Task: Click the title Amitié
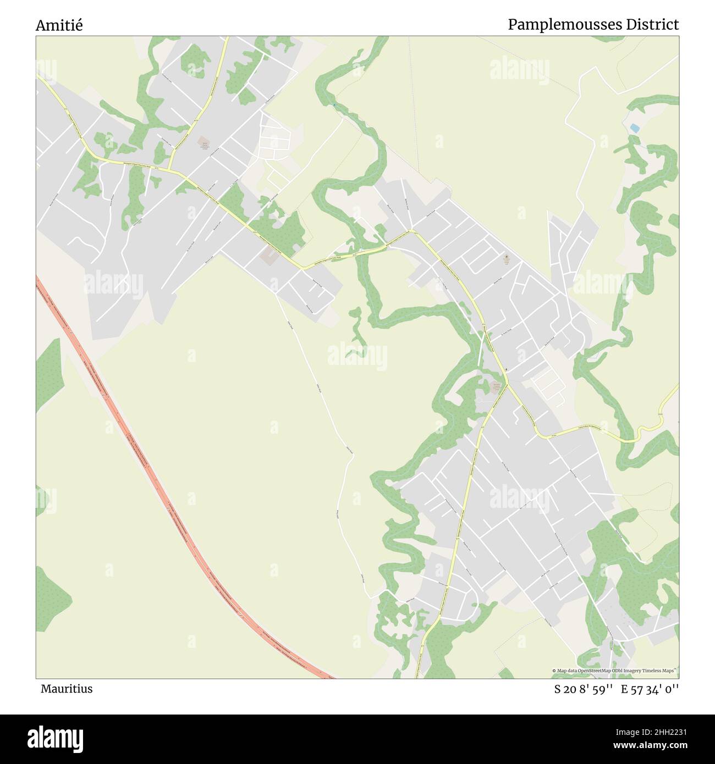tap(59, 25)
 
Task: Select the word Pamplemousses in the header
tap(564, 25)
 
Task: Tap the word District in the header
tap(654, 25)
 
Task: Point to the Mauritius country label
tap(66, 689)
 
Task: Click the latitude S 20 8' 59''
tap(585, 689)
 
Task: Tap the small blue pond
tap(635, 128)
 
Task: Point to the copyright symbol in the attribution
tap(554, 671)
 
